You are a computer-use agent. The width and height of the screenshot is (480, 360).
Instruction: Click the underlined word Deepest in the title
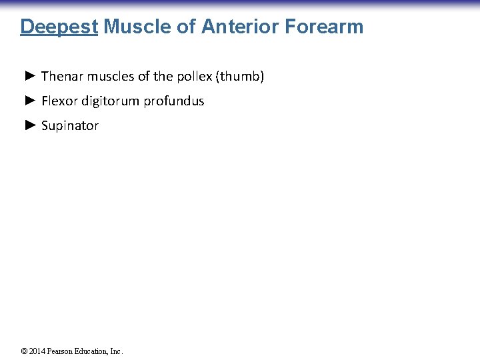(59, 27)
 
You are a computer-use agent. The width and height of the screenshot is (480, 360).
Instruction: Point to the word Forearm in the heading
(324, 27)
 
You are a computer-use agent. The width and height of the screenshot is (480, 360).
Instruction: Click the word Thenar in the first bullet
(60, 77)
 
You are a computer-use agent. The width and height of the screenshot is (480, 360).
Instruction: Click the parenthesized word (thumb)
(240, 77)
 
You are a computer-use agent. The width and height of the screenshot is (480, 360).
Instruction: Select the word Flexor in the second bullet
(57, 101)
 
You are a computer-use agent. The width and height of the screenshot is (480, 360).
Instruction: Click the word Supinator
(69, 126)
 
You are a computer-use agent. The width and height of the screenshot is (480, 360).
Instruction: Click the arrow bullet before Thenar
(29, 76)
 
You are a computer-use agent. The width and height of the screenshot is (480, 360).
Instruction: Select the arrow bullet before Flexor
(29, 101)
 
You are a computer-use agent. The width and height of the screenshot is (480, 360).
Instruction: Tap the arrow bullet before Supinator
(29, 125)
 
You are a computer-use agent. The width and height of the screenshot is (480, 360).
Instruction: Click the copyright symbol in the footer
(24, 351)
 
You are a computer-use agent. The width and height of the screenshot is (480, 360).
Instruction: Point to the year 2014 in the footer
(36, 351)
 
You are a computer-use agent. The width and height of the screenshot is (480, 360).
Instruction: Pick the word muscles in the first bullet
(107, 77)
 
